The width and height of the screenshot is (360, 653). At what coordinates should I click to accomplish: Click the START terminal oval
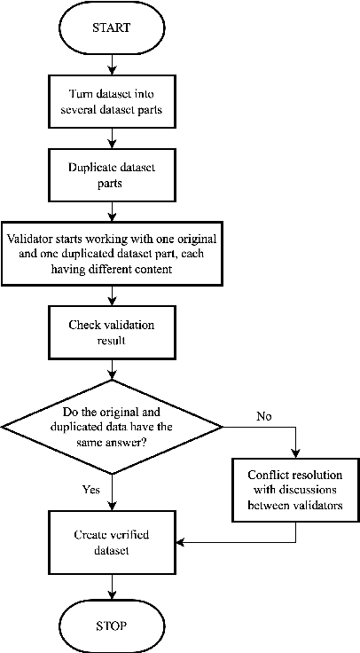[110, 28]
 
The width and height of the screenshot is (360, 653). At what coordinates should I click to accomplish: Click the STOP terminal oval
[110, 625]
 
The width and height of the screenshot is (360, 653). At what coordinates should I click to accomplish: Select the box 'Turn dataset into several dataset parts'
[110, 101]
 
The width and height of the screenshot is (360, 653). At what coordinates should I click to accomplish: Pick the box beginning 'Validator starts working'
[110, 253]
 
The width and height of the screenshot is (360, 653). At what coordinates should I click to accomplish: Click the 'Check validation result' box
[110, 332]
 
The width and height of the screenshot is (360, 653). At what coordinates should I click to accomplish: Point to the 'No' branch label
[263, 414]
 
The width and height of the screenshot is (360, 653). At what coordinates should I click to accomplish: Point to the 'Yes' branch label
[90, 488]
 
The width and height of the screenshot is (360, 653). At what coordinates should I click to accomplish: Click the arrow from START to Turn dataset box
[110, 64]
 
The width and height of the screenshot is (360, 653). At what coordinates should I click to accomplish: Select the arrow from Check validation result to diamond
[110, 368]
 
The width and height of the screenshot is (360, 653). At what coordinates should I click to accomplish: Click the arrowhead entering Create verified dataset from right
[183, 541]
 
